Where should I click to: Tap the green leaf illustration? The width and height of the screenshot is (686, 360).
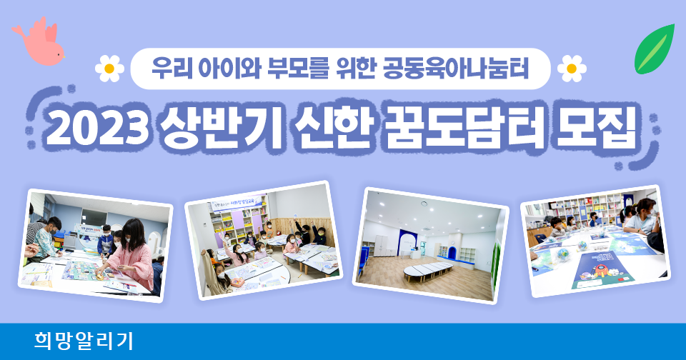pos(655,49)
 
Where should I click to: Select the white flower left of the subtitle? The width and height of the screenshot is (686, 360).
pos(109,69)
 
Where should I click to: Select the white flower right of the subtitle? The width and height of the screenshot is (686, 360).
pos(572,69)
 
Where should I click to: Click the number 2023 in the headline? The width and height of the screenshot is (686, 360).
pos(95,127)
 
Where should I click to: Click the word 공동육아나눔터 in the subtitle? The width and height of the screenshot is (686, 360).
pos(455,69)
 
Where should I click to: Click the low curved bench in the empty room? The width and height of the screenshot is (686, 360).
pos(428,271)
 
